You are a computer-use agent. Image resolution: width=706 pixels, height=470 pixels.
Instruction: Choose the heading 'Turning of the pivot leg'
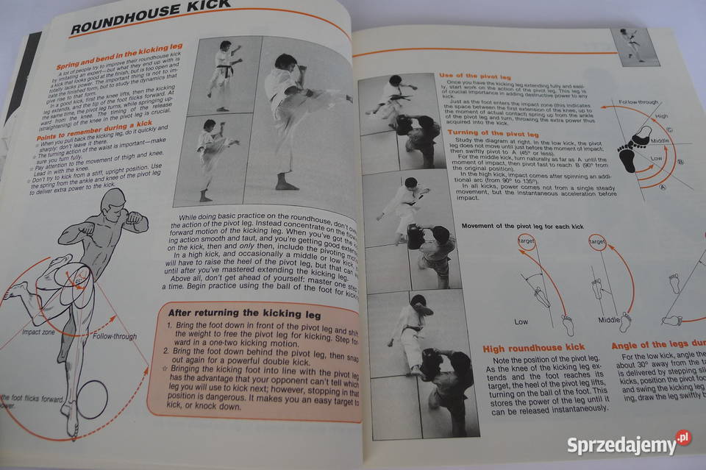click(x=493, y=133)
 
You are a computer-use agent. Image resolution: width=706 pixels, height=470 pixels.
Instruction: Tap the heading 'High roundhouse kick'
click(x=533, y=346)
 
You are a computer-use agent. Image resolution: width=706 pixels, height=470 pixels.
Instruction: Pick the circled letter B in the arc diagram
click(x=680, y=162)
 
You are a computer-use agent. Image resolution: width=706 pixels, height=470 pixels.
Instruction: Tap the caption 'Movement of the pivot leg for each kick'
click(x=522, y=227)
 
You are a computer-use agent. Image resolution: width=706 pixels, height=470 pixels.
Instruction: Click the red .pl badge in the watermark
click(x=683, y=438)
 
